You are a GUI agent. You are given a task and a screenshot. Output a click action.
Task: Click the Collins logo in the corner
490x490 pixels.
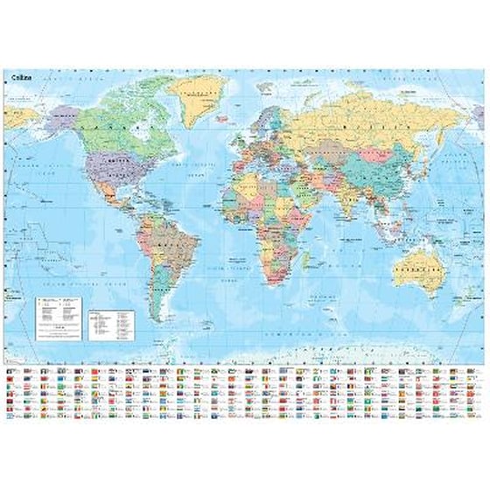pos(18,78)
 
